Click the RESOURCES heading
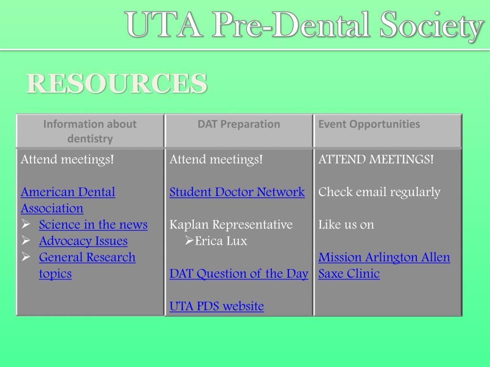coord(117,84)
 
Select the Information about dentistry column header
coord(90,131)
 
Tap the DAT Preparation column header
coord(239,124)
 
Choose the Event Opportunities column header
coord(369,124)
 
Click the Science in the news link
coord(93,225)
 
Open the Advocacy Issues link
coord(83,241)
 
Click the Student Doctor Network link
coord(237,192)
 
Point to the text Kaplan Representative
coord(231,225)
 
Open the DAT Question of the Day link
coord(239,274)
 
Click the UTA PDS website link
coord(216,306)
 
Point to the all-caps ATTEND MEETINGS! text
coord(376,160)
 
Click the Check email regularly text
coord(379,192)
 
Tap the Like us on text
coord(346,225)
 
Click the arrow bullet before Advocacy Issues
coord(26,241)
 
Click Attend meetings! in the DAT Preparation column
coord(216,160)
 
